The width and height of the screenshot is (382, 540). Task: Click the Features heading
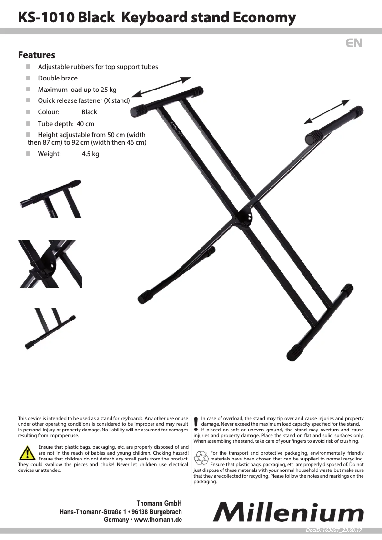(x=37, y=55)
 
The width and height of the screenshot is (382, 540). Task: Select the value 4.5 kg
(x=90, y=154)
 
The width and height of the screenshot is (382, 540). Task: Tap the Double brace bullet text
(x=58, y=78)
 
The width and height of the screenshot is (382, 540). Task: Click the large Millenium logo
(x=288, y=513)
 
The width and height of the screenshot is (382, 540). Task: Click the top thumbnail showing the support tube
(x=50, y=199)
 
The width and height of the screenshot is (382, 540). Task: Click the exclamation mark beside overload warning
(x=196, y=423)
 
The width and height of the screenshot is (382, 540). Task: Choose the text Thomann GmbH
(x=159, y=503)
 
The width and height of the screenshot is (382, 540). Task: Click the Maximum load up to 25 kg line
(x=77, y=90)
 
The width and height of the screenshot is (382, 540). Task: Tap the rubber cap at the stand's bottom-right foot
(x=294, y=353)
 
